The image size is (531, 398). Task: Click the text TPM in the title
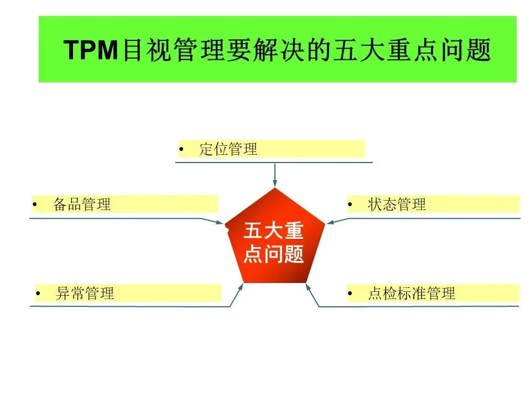[91, 51]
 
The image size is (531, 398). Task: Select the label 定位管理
[228, 149]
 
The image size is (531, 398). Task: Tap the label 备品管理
[82, 205]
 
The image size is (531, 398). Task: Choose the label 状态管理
[397, 205]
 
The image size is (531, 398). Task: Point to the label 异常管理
[85, 293]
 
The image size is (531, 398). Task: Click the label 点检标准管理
[411, 293]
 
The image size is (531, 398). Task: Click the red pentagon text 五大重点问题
[274, 243]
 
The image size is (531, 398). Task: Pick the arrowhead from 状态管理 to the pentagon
[330, 223]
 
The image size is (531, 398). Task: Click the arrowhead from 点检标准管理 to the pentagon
[308, 287]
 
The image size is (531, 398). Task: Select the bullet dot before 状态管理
[350, 205]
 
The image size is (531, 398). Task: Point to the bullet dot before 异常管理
[38, 294]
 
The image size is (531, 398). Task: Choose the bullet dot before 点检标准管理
[350, 294]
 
